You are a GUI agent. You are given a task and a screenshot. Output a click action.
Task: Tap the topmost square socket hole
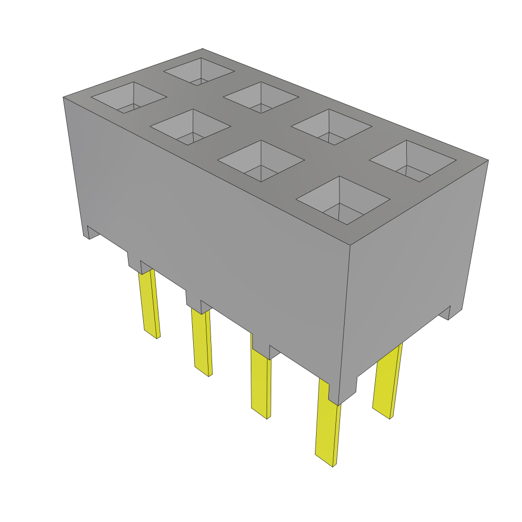[199, 71]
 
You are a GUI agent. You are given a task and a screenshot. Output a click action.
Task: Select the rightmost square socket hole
[412, 161]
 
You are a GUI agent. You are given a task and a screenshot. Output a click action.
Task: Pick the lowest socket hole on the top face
[343, 200]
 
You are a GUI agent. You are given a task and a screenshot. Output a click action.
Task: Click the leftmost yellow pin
[149, 304]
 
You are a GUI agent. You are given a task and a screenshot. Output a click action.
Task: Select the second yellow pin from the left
[201, 342]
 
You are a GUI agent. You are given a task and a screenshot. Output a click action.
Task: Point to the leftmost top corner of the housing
[63, 97]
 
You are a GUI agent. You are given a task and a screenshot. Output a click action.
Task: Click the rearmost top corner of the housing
[203, 49]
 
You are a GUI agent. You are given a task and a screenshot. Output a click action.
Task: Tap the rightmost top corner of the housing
[488, 161]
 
